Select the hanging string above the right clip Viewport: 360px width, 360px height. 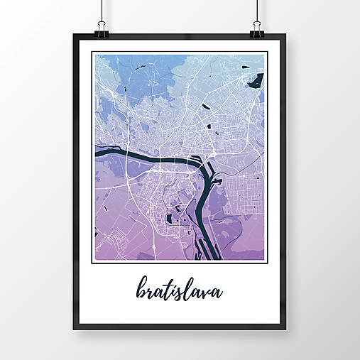pyautogui.click(x=257, y=11)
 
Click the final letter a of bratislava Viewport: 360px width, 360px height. pyautogui.click(x=217, y=293)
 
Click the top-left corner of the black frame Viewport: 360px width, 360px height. pyautogui.click(x=74, y=36)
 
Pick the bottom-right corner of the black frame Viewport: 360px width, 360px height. pyautogui.click(x=285, y=329)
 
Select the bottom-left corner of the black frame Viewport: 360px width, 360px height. pyautogui.click(x=74, y=329)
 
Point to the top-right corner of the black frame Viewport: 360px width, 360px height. pyautogui.click(x=285, y=36)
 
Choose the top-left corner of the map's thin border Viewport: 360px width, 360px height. pyautogui.click(x=93, y=52)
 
